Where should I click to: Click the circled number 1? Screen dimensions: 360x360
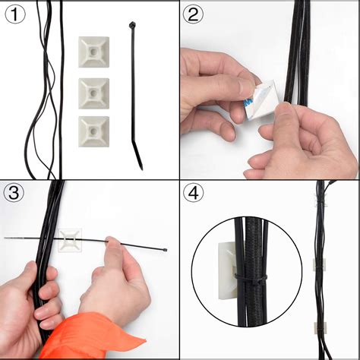click(15, 14)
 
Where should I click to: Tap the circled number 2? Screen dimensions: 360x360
click(194, 14)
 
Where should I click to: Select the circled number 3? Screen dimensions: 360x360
click(15, 194)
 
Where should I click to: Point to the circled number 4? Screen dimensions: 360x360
click(194, 194)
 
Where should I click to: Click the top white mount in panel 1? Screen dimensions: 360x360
click(93, 52)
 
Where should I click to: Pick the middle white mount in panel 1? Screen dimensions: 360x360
click(93, 92)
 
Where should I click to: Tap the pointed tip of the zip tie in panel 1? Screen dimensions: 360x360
click(141, 166)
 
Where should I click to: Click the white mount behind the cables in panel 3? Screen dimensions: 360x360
click(71, 238)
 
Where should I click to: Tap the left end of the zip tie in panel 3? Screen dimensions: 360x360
click(6, 238)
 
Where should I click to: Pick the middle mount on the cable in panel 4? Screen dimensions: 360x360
click(320, 264)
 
